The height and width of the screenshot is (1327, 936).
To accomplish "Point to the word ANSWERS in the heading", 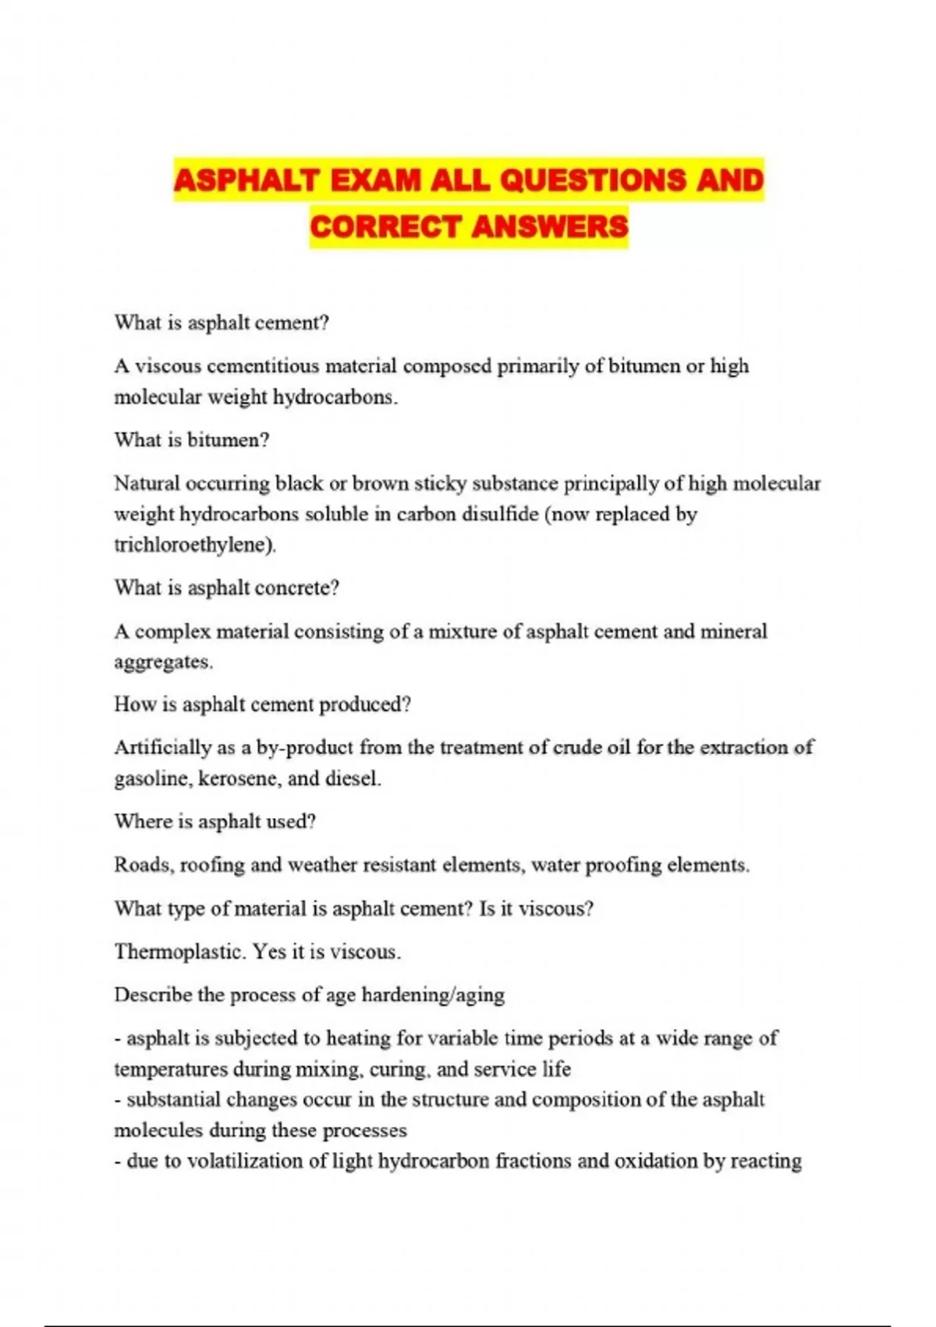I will (x=549, y=227).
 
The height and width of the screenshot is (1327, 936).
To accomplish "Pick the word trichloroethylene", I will (x=194, y=544).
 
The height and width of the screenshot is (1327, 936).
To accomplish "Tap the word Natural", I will (x=147, y=483).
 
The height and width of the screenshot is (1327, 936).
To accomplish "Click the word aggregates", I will (x=163, y=662).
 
